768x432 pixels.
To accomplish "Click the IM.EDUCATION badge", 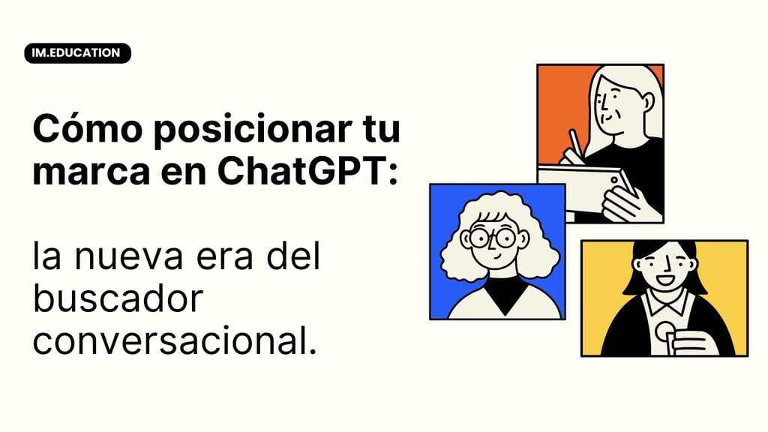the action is tap(77, 53).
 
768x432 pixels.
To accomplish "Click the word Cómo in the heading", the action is tap(88, 128).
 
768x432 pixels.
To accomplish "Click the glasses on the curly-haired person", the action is tap(492, 238).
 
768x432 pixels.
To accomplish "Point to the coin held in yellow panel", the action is tap(664, 330).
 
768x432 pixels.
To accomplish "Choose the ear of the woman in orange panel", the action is tap(647, 102).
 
